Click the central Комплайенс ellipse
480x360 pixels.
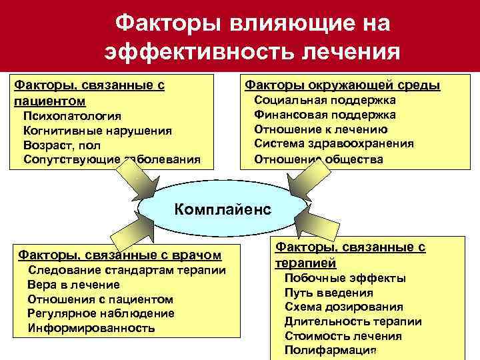pyautogui.click(x=223, y=209)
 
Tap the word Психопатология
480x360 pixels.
pyautogui.click(x=72, y=116)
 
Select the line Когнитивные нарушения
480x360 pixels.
pyautogui.click(x=97, y=131)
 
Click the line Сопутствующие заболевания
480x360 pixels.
pyautogui.click(x=111, y=160)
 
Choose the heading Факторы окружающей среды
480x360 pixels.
pyautogui.click(x=343, y=85)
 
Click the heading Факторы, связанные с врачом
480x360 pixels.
pyautogui.click(x=119, y=255)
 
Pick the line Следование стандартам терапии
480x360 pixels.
pyautogui.click(x=126, y=270)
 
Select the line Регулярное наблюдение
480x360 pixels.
pyautogui.click(x=101, y=313)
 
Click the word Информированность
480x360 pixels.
pyautogui.click(x=91, y=328)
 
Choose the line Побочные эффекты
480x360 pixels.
pyautogui.click(x=345, y=279)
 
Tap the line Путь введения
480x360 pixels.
pyautogui.click(x=329, y=293)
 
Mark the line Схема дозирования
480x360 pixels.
pyautogui.click(x=343, y=307)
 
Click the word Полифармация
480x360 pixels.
pyautogui.click(x=331, y=351)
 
